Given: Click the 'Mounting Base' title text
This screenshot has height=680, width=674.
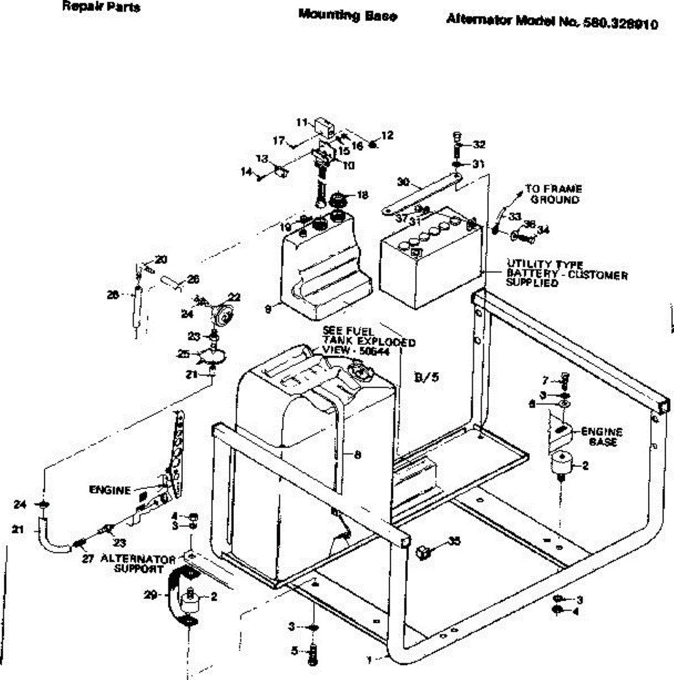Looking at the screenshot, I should [347, 16].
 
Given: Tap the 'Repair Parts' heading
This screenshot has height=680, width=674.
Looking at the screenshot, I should [101, 7].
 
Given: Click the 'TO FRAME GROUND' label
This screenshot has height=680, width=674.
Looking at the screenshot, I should [553, 194].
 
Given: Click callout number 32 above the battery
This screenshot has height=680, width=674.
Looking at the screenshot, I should [479, 144].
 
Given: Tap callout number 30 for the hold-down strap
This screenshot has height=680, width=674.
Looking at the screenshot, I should [403, 182].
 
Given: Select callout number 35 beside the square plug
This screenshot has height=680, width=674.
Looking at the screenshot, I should [454, 541].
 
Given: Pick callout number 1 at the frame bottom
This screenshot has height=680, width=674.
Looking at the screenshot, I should [370, 660].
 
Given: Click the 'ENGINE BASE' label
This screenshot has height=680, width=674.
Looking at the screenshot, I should [602, 436].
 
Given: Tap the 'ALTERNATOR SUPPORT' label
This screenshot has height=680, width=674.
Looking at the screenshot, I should [138, 563].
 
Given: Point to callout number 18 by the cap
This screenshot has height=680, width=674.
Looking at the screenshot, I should [362, 195].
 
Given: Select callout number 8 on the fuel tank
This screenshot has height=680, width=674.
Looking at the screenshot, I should [357, 454].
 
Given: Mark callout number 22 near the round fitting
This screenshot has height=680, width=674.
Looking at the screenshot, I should [234, 297].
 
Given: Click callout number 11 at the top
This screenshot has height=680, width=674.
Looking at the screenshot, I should [302, 122].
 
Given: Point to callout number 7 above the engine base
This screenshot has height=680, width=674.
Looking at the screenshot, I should [545, 380].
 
